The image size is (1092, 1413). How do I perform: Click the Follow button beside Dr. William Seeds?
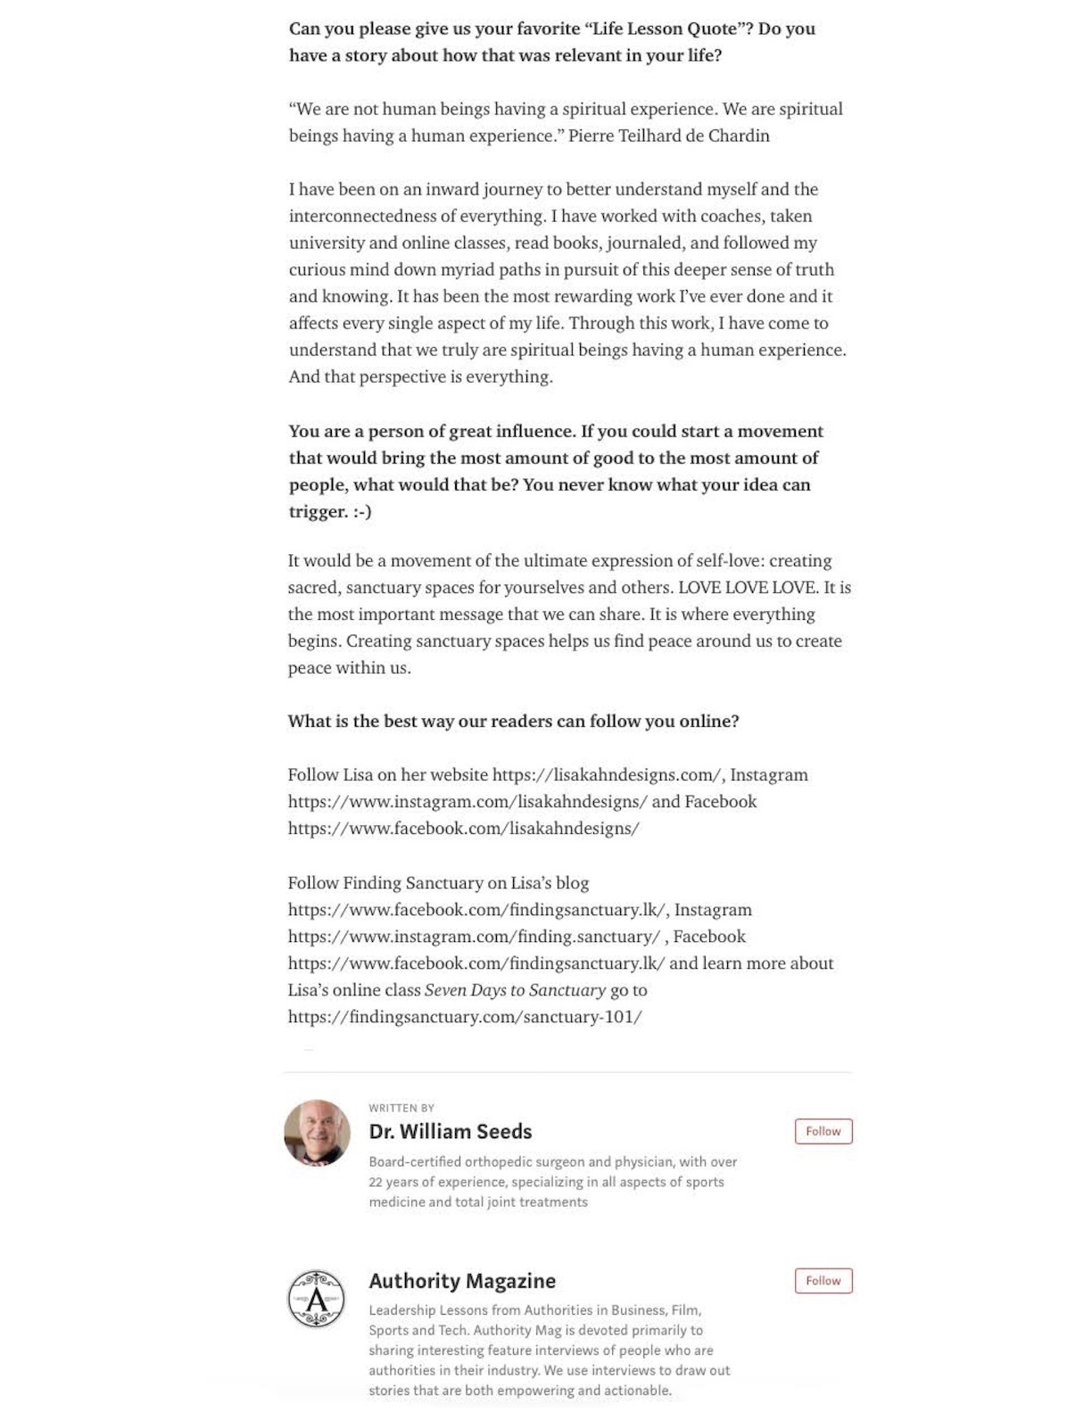[823, 1131]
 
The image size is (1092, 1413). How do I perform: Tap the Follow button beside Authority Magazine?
[823, 1281]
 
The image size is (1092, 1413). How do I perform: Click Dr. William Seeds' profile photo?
[317, 1133]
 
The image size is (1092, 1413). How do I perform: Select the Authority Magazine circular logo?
[316, 1299]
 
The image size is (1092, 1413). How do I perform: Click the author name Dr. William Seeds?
[451, 1131]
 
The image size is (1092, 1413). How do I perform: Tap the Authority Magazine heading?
[462, 1281]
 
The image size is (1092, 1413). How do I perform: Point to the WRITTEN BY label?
[401, 1108]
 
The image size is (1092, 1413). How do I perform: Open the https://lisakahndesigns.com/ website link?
[607, 774]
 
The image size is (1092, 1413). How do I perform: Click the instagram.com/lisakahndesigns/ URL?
[467, 801]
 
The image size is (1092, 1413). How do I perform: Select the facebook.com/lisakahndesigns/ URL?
[463, 828]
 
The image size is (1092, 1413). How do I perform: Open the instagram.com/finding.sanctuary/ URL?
[474, 936]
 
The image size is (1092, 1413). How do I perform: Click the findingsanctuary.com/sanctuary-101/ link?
[465, 1016]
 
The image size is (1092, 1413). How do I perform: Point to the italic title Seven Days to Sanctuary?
[515, 989]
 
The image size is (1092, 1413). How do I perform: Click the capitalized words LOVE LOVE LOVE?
[747, 587]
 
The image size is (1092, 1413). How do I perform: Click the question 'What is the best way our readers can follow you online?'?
[513, 721]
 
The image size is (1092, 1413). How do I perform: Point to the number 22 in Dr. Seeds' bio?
[376, 1182]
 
